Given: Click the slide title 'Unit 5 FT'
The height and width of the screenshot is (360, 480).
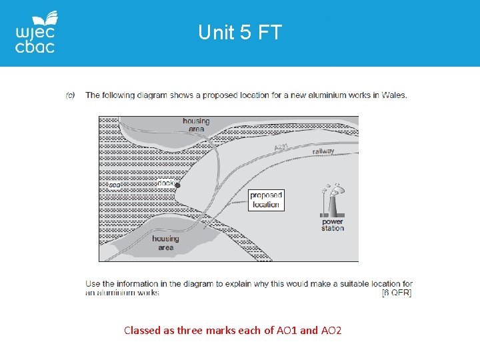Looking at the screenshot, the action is [240, 32].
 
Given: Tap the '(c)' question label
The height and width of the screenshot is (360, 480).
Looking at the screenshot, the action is [70, 95].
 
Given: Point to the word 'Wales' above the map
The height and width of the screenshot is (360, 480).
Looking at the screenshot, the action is [394, 95].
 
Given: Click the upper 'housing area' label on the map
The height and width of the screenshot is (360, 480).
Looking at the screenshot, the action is [195, 125].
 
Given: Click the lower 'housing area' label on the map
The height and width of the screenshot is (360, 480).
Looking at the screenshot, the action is [165, 243].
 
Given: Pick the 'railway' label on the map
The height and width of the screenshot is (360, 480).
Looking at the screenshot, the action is [323, 152].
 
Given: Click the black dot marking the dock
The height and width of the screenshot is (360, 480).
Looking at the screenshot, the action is [177, 186].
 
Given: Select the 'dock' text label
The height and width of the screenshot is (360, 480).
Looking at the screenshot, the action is [165, 183].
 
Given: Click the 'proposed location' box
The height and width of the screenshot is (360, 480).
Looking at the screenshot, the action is [266, 200].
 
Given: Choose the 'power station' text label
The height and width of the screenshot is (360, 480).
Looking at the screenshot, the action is [333, 225].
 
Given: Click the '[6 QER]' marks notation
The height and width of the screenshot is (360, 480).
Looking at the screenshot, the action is [397, 293].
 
